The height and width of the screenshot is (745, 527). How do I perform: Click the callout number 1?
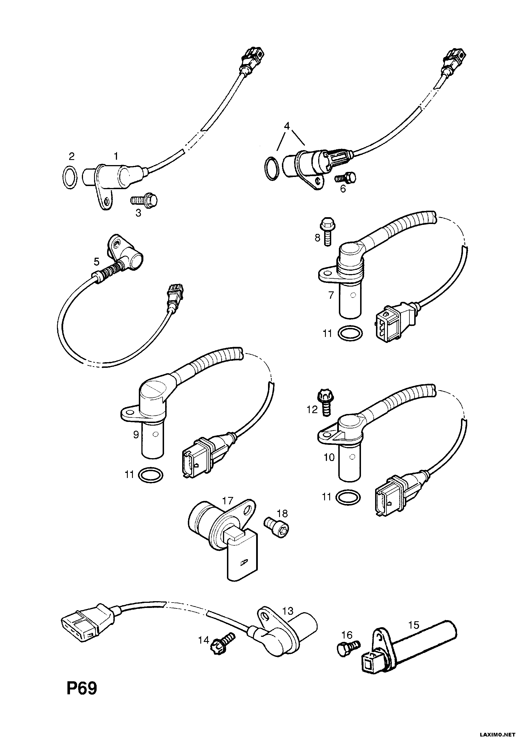(x=116, y=156)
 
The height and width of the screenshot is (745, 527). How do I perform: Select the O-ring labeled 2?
(x=69, y=178)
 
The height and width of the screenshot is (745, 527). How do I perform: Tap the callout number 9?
(x=136, y=434)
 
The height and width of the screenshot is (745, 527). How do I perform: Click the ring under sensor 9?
(x=151, y=475)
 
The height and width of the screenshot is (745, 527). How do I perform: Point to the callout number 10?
(x=329, y=457)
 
